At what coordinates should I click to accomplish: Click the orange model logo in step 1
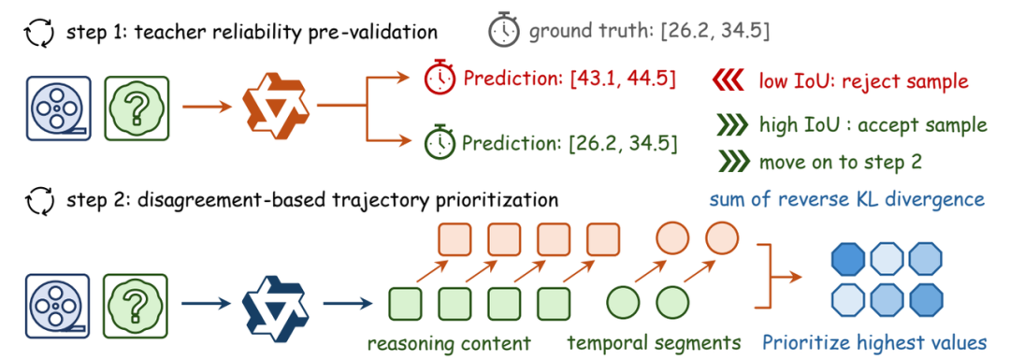(x=275, y=105)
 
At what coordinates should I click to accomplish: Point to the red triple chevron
(x=728, y=81)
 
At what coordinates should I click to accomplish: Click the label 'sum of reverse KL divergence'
(x=847, y=198)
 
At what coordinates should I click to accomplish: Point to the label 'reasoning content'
(x=449, y=342)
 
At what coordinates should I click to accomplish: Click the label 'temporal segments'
(x=653, y=342)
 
